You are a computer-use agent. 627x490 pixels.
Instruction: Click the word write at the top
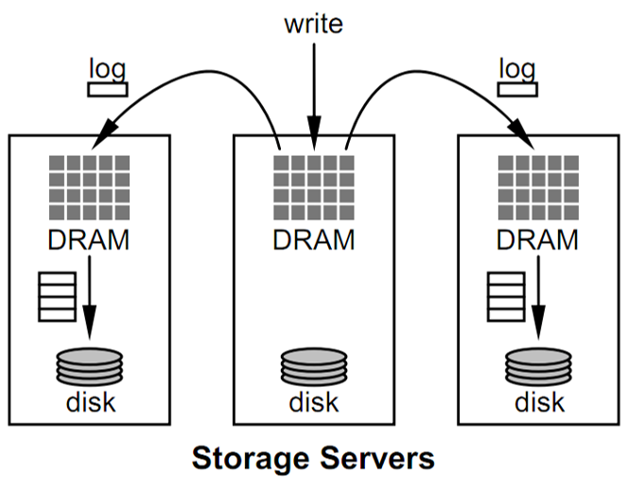[x=313, y=24]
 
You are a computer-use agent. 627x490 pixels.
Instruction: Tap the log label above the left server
[x=106, y=68]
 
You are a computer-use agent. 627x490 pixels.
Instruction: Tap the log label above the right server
[x=515, y=68]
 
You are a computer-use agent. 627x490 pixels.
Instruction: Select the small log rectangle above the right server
[x=516, y=89]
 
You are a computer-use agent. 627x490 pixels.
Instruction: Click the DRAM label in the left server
[x=89, y=239]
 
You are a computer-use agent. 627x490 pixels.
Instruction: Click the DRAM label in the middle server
[x=313, y=239]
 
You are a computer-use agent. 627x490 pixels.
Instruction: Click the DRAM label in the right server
[x=537, y=239]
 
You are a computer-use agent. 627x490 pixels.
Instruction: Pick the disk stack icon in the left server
[x=90, y=366]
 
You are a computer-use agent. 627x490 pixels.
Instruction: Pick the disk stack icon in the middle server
[x=313, y=366]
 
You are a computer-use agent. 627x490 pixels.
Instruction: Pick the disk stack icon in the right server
[x=537, y=366]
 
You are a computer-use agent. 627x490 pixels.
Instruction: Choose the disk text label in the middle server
[x=313, y=402]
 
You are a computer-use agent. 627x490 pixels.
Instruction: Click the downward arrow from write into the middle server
[x=313, y=95]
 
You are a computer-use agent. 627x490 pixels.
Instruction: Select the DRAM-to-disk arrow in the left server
[x=90, y=298]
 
